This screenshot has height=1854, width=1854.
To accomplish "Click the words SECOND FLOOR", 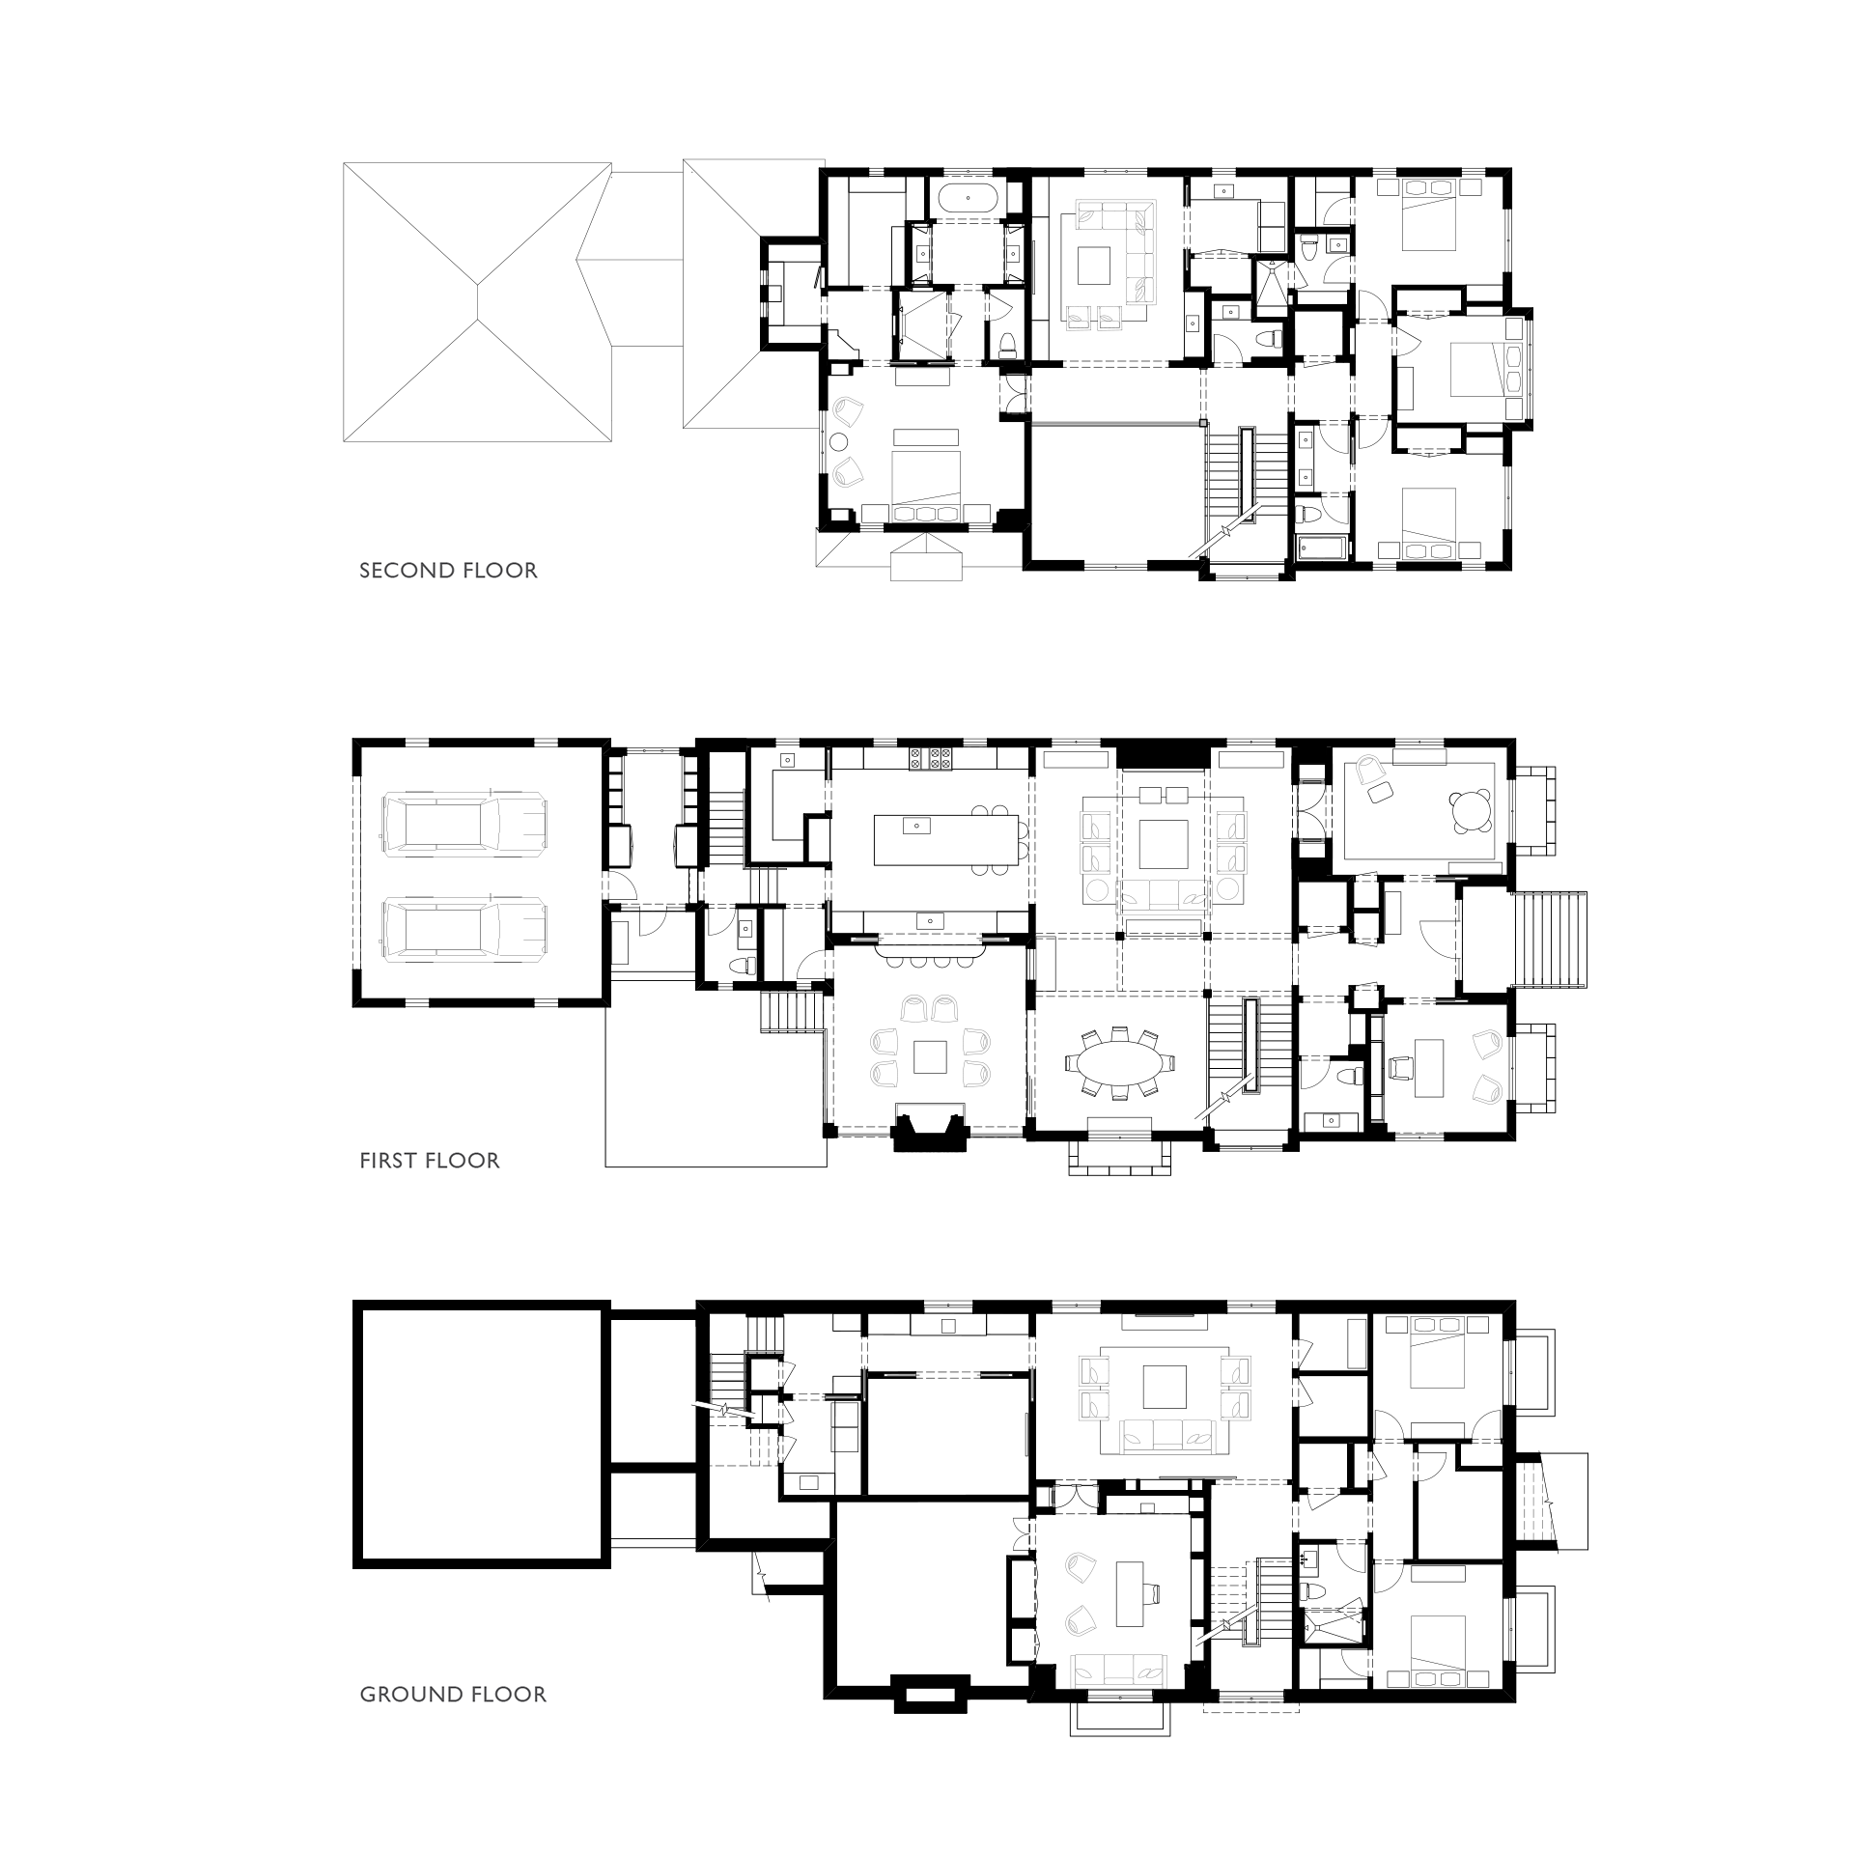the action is point(448,571).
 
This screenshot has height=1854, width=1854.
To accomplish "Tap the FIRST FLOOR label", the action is point(430,1161).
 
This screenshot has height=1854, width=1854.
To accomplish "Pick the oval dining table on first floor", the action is point(1120,1063).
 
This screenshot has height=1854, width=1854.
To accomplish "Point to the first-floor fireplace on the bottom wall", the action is point(931,1128).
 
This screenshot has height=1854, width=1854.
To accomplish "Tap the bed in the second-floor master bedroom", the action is point(926,488).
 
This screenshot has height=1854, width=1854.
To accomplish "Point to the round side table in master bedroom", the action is point(840,442).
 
